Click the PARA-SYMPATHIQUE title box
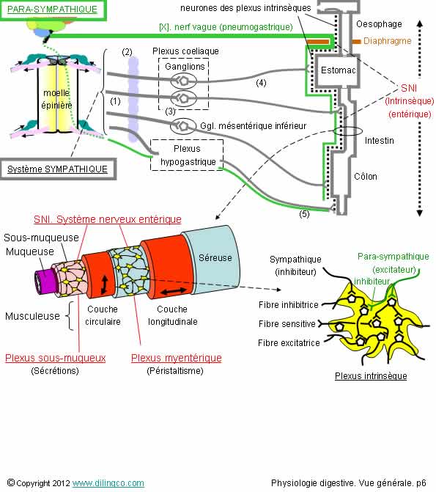pyautogui.click(x=53, y=10)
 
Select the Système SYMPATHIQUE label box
pyautogui.click(x=58, y=169)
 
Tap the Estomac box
pyautogui.click(x=338, y=70)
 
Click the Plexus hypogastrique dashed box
pyautogui.click(x=187, y=155)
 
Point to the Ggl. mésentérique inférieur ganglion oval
pyautogui.click(x=183, y=126)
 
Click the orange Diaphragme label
pyautogui.click(x=387, y=41)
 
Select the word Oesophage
pyautogui.click(x=379, y=24)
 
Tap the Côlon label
pyautogui.click(x=366, y=176)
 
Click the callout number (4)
pyautogui.click(x=261, y=83)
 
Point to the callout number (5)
pyautogui.click(x=304, y=214)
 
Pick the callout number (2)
pyautogui.click(x=127, y=52)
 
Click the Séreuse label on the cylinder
pyautogui.click(x=215, y=257)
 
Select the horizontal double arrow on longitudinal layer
pyautogui.click(x=174, y=292)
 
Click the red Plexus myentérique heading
pyautogui.click(x=177, y=358)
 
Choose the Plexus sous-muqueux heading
pyautogui.click(x=56, y=358)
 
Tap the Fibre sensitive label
pyautogui.click(x=287, y=324)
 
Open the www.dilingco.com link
pyautogui.click(x=108, y=483)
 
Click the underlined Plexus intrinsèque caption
pyautogui.click(x=371, y=376)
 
